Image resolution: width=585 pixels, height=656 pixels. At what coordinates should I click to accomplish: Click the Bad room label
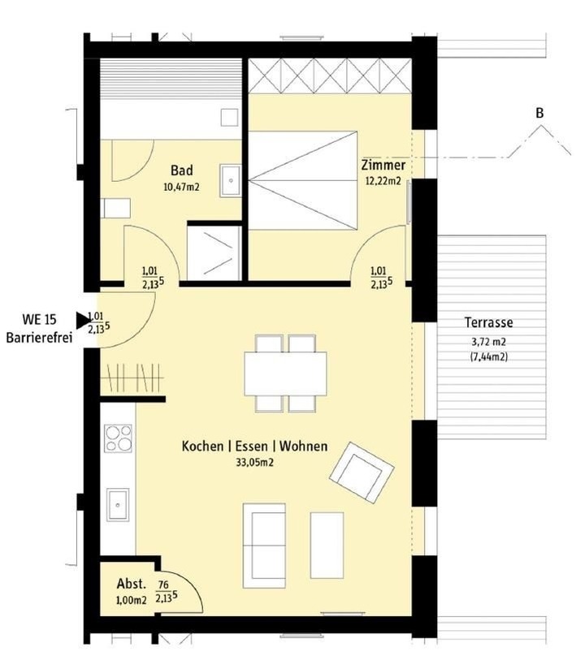pyautogui.click(x=182, y=170)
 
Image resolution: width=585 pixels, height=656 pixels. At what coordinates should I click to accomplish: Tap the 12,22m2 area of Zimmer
pyautogui.click(x=383, y=181)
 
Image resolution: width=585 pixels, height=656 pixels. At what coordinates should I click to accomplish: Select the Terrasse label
pyautogui.click(x=488, y=322)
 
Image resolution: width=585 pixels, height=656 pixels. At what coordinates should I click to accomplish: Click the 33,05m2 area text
pyautogui.click(x=254, y=462)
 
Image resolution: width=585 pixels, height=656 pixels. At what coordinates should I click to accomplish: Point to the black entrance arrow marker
pyautogui.click(x=83, y=320)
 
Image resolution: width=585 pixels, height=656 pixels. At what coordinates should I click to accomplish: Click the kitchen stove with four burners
pyautogui.click(x=118, y=438)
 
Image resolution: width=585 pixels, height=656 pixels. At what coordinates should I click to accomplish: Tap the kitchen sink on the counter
pyautogui.click(x=118, y=504)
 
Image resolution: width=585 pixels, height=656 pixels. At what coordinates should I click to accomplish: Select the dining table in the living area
pyautogui.click(x=285, y=373)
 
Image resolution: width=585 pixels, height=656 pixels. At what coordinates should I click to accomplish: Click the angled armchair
pyautogui.click(x=362, y=473)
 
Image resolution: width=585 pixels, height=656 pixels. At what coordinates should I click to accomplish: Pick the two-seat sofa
pyautogui.click(x=264, y=546)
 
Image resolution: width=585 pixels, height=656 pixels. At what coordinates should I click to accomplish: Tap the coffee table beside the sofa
pyautogui.click(x=327, y=546)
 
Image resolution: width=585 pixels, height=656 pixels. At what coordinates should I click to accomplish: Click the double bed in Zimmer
pyautogui.click(x=303, y=180)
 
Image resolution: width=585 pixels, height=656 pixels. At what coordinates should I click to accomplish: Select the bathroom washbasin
pyautogui.click(x=231, y=180)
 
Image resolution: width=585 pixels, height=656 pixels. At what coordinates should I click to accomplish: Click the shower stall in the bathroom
pyautogui.click(x=214, y=252)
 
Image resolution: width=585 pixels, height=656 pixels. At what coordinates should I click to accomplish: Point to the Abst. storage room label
pyautogui.click(x=132, y=584)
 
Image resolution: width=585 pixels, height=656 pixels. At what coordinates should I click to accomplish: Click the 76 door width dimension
pyautogui.click(x=163, y=584)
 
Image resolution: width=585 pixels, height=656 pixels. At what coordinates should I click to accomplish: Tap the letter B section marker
pyautogui.click(x=539, y=113)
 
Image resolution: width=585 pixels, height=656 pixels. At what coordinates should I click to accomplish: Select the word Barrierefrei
pyautogui.click(x=39, y=338)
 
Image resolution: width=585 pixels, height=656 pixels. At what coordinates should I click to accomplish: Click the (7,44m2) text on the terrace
pyautogui.click(x=488, y=357)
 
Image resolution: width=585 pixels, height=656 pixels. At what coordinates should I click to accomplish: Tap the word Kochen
pyautogui.click(x=202, y=446)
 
